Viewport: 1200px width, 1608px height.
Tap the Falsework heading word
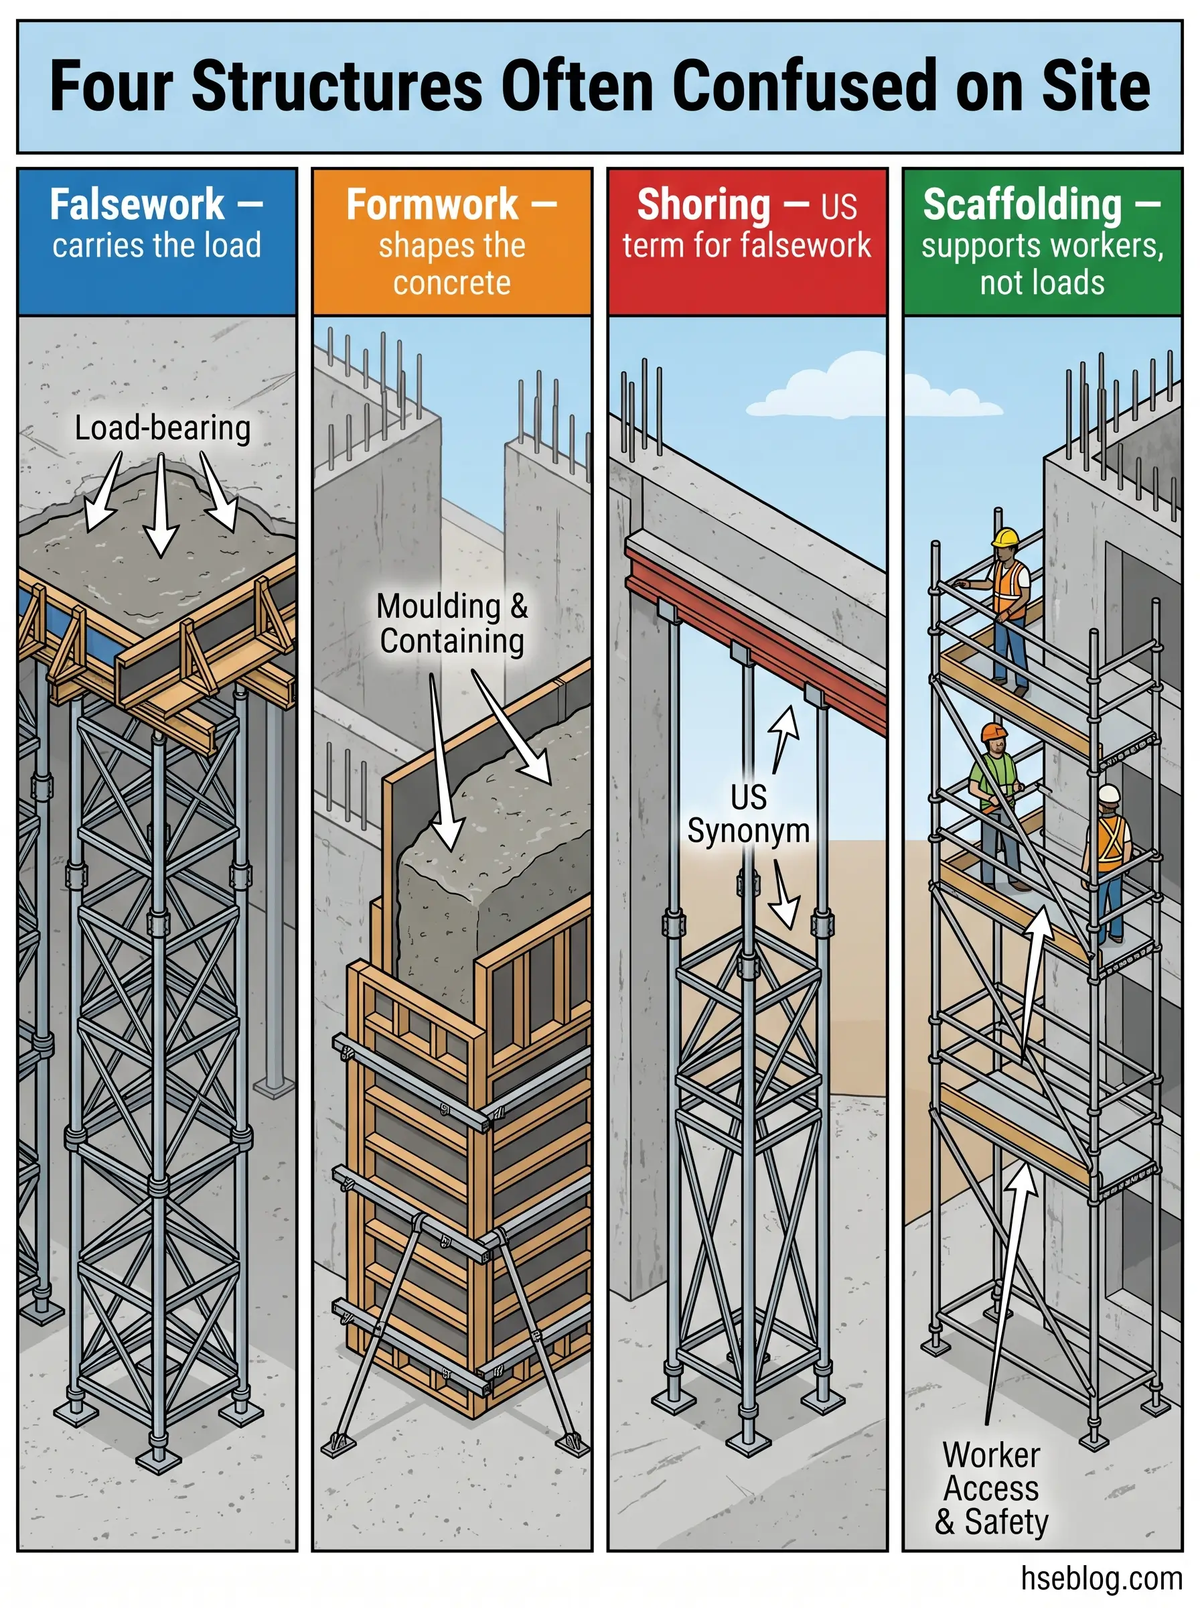tap(137, 205)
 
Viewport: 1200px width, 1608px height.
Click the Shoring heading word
tap(703, 205)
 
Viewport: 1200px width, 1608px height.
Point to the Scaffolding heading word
tap(1022, 205)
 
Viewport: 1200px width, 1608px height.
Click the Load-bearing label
tap(163, 428)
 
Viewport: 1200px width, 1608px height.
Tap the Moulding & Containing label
tap(452, 624)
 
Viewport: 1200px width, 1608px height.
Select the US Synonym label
tap(748, 814)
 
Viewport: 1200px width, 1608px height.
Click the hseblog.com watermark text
tap(1101, 1579)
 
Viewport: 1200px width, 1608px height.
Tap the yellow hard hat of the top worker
tap(1006, 539)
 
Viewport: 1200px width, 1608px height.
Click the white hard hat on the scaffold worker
tap(1109, 793)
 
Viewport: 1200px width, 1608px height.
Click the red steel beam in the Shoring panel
tap(755, 639)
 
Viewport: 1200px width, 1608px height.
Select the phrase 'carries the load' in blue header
tap(157, 246)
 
